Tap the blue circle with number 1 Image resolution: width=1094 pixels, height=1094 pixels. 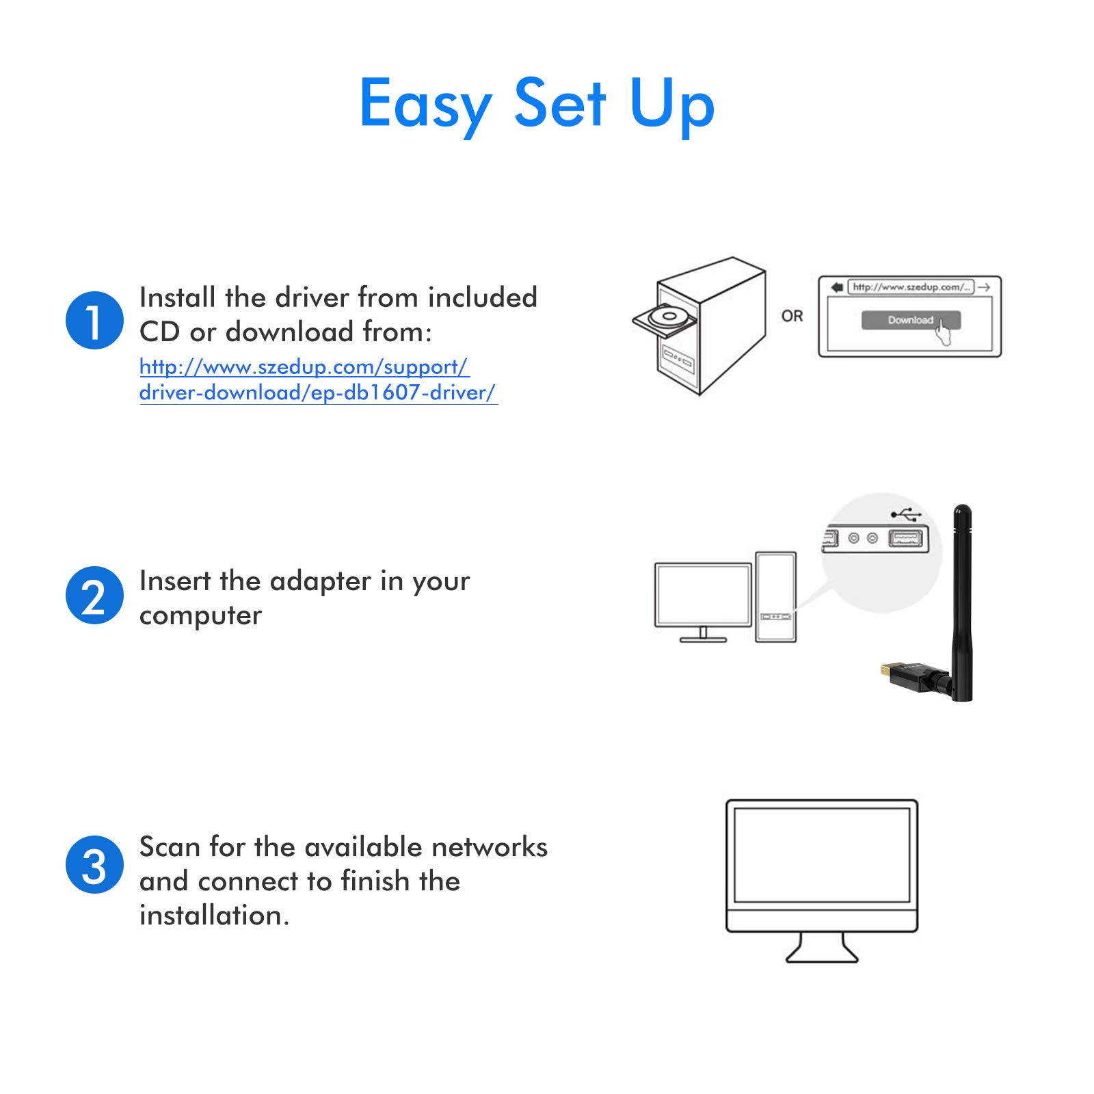pos(94,320)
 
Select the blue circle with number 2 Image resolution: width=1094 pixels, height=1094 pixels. pos(94,596)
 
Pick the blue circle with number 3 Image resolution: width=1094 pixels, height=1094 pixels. pos(94,865)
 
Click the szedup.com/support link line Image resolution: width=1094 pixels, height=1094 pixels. pos(304,367)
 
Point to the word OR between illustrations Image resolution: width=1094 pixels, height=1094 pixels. pos(792,316)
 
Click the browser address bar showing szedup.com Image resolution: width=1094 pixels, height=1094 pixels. pos(910,287)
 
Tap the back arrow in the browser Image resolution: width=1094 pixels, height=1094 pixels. pos(836,287)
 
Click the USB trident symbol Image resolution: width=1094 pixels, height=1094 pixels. pos(907,515)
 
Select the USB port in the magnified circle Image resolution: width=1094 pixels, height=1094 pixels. pos(905,539)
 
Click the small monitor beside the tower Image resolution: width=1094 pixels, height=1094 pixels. pos(703,594)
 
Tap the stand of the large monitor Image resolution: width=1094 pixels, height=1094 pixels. pos(821,948)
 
